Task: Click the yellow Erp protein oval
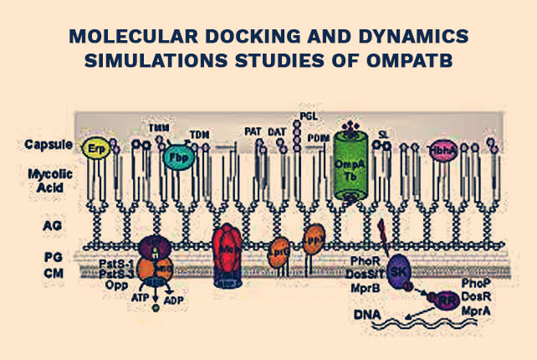(94, 148)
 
